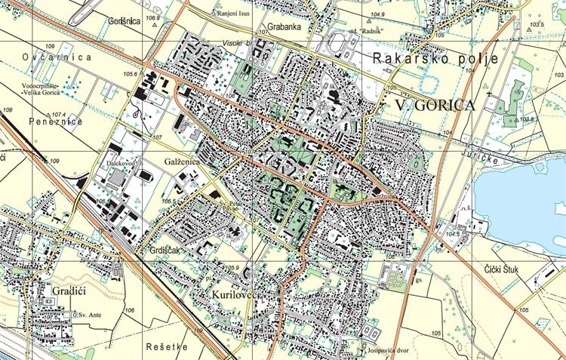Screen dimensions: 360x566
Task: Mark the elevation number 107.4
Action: (60, 114)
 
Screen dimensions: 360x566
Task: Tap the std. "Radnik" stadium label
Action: (365, 31)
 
